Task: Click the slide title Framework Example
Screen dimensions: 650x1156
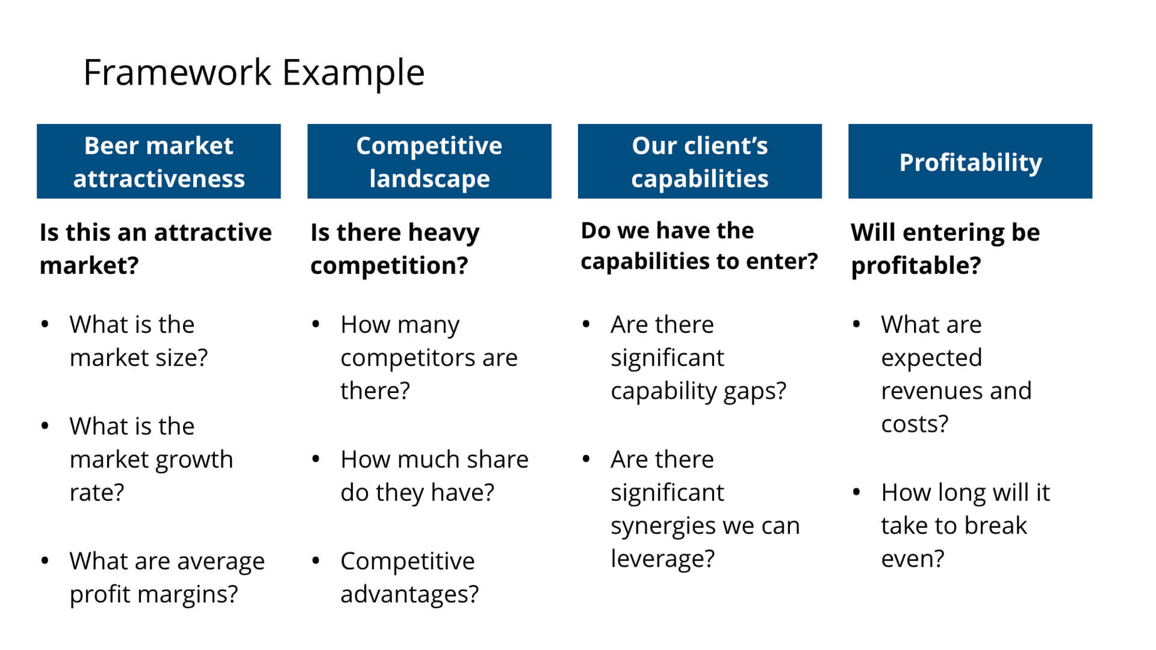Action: coord(253,72)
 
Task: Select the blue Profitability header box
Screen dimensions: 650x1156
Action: coord(970,162)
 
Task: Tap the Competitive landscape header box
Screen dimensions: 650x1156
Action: coord(429,162)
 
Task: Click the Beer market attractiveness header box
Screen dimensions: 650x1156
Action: coord(159,162)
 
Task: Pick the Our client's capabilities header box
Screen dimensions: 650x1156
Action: coord(699,162)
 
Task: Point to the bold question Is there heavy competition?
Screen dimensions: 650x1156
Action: coord(394,248)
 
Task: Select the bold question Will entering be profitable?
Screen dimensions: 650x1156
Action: coord(945,248)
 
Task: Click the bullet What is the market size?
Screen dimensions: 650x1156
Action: coord(138,340)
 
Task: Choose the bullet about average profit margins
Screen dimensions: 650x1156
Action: coord(166,577)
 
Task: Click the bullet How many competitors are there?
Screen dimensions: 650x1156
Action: coord(429,357)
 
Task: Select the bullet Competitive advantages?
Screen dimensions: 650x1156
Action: coord(409,577)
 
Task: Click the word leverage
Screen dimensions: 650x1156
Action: coord(661,559)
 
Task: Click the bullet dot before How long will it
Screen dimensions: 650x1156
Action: coord(856,492)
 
